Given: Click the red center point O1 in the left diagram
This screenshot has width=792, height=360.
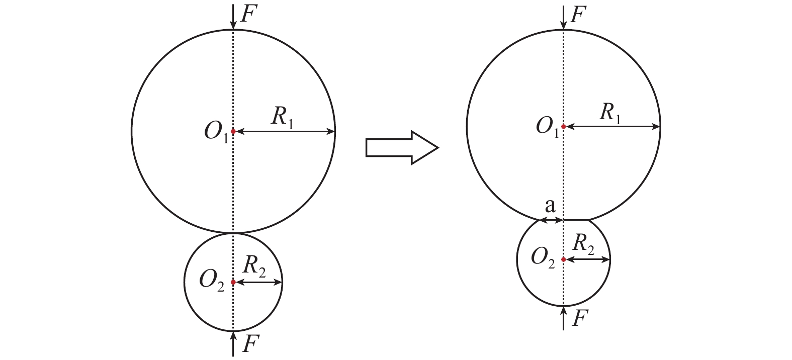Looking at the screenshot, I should point(233,132).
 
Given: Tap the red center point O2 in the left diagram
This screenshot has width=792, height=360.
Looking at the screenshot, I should point(233,283).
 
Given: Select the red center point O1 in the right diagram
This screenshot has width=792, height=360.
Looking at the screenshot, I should point(564,127).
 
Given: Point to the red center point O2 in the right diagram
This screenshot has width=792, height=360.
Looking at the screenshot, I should point(564,259).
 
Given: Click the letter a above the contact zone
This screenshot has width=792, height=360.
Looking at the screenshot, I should point(550,206).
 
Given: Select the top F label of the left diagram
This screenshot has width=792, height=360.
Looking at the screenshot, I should point(250,14).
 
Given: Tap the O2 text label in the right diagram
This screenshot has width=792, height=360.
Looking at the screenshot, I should point(544,259).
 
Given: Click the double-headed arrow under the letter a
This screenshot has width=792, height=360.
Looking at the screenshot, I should point(551,220).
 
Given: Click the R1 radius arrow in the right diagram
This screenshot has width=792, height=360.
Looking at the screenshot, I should point(612,127).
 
